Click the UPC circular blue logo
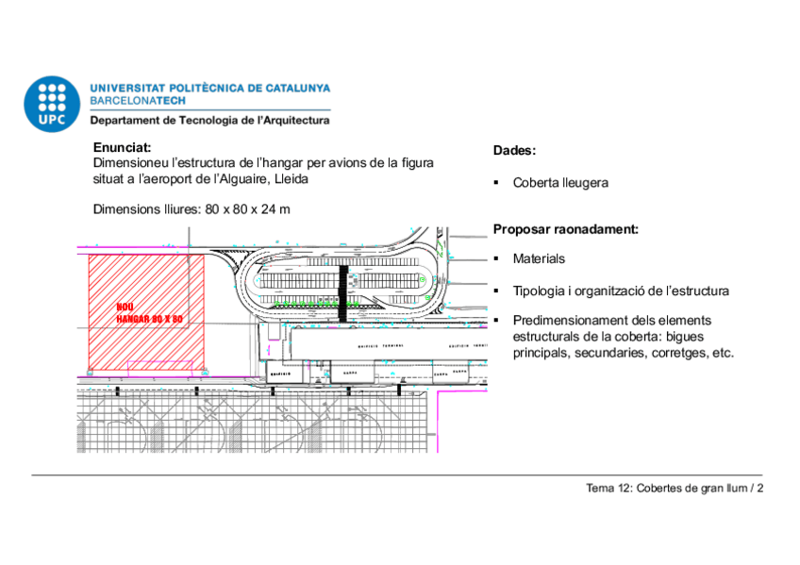[x=52, y=103]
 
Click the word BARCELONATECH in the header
[x=138, y=100]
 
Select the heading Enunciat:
[x=122, y=147]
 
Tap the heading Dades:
[x=514, y=151]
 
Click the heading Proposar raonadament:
[x=565, y=228]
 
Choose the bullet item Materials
[x=539, y=258]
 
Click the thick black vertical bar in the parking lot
[x=343, y=293]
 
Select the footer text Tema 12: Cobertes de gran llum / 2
[x=674, y=488]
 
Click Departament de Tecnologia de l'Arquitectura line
[x=209, y=121]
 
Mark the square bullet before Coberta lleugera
[x=495, y=183]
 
